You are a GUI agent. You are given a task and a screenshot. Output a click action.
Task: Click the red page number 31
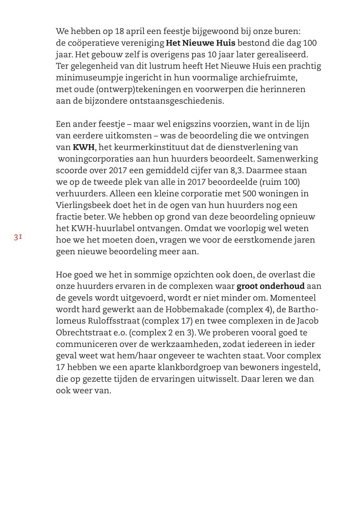pos(18,237)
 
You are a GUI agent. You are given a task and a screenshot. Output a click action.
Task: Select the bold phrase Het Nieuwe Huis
pos(200,43)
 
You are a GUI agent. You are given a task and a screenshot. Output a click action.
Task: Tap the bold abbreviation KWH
pos(83,147)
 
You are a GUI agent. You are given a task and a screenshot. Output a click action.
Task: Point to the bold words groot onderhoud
pos(270,286)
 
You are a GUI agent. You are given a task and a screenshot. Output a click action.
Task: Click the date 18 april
pos(129,31)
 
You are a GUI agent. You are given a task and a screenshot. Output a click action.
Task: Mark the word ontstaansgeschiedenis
pos(176,101)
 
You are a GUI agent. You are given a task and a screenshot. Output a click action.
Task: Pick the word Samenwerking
pos(287,159)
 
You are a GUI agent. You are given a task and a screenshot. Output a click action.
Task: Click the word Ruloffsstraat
pos(114,321)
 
